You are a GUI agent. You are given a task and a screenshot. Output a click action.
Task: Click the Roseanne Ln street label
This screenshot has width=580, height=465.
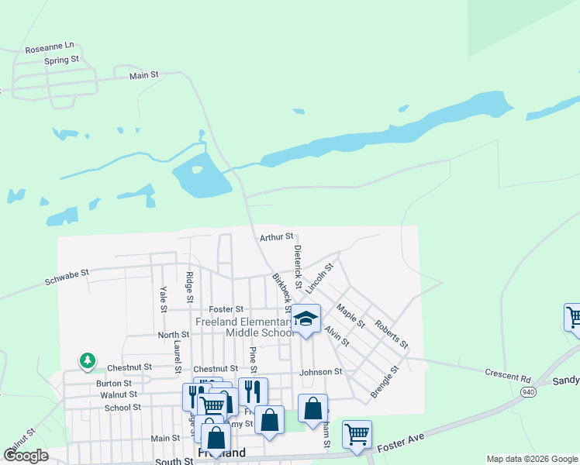(49, 48)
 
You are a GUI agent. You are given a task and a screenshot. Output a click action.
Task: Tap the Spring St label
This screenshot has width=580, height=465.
(61, 60)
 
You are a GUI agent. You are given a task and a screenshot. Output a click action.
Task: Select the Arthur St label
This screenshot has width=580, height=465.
(277, 236)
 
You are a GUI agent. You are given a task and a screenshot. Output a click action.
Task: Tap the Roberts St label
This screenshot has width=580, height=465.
(392, 333)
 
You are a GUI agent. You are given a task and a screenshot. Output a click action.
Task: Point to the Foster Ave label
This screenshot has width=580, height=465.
(402, 443)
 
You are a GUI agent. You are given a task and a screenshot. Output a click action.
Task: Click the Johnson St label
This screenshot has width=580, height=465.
(321, 372)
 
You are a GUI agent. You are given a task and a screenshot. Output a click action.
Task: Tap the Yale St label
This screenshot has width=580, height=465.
(164, 298)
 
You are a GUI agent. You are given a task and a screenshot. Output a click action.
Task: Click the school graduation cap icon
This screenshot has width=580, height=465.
(306, 319)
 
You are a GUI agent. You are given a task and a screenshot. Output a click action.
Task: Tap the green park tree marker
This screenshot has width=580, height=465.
(88, 360)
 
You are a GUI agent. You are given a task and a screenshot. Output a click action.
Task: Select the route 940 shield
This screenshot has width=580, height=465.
(528, 392)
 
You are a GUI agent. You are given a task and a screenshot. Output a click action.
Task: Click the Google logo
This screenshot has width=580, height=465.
(26, 456)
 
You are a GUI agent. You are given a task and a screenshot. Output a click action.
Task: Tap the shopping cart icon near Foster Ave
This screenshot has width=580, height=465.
(357, 434)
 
